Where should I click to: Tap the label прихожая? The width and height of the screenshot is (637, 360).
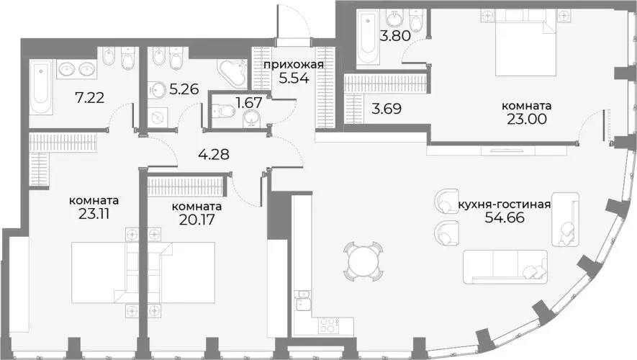click(293, 65)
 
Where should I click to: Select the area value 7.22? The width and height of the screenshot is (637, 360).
click(91, 96)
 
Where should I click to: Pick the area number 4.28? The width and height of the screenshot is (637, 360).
click(212, 153)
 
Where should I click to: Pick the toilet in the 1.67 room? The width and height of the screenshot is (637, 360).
click(224, 111)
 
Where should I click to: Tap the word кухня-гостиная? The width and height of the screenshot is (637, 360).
click(505, 204)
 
